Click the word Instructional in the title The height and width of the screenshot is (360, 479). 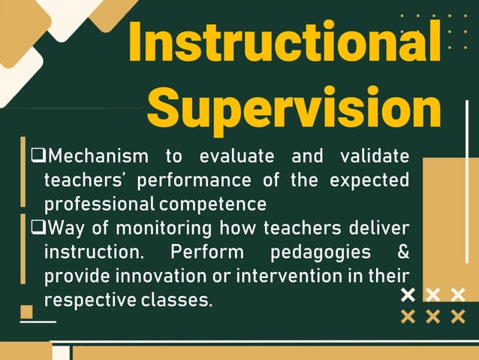click(284, 43)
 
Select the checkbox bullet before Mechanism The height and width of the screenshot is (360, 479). click(38, 156)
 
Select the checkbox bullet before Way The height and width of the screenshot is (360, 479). click(38, 227)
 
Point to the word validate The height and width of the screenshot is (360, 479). click(375, 157)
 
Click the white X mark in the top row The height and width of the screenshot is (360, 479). click(408, 294)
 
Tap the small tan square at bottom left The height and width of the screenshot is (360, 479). click(27, 311)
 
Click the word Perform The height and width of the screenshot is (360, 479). click(207, 251)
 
